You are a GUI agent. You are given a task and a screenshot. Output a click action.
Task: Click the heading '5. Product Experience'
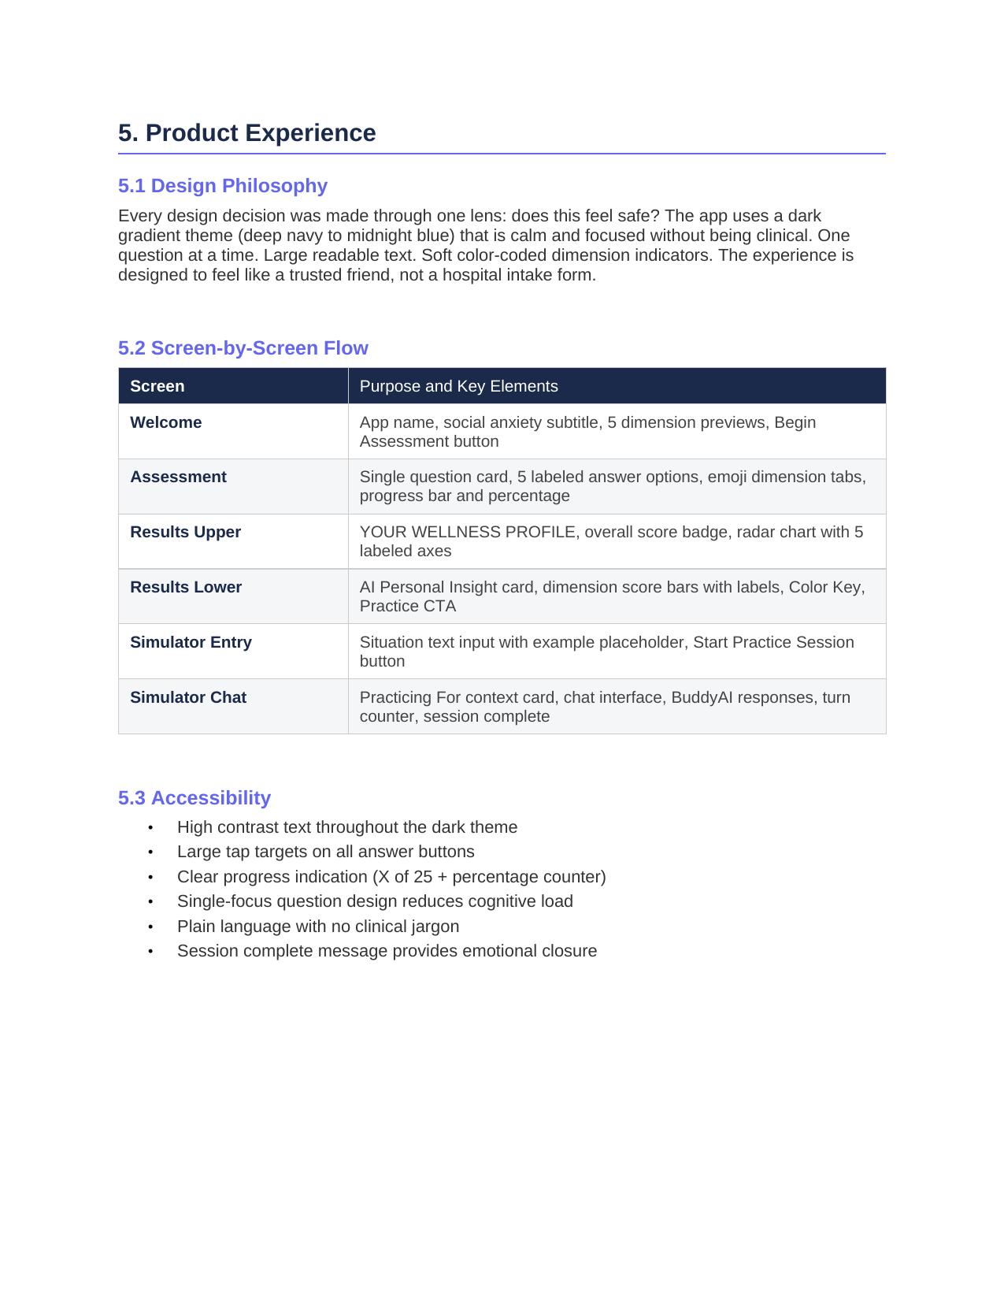coord(246,133)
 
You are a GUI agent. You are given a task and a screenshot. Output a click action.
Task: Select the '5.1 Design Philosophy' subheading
coord(222,186)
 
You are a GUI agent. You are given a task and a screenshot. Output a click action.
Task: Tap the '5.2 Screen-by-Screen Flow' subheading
coord(243,348)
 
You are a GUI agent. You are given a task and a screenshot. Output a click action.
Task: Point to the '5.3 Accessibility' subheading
coord(194,798)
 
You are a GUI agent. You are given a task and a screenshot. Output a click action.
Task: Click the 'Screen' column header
coord(157,386)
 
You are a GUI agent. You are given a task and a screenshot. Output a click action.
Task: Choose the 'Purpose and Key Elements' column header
coord(458,386)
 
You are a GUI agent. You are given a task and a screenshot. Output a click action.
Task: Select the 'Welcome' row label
coord(165,422)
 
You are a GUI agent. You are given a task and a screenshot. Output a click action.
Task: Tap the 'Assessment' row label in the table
coord(178,477)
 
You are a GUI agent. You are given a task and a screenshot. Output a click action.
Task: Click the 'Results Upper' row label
coord(185,532)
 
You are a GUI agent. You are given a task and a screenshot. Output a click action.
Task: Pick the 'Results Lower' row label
coord(185,587)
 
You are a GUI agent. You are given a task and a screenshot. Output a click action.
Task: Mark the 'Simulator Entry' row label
coord(191,642)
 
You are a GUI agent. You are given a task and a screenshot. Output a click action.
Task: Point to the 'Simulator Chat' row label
coord(187,697)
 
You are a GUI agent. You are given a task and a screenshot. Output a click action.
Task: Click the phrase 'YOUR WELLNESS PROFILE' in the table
coord(467,532)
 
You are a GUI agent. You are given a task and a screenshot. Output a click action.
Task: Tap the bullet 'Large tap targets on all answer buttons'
coord(325,852)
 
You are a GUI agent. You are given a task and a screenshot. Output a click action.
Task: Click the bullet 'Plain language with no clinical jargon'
coord(317,927)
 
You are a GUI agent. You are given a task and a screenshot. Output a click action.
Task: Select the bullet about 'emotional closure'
coord(387,951)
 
